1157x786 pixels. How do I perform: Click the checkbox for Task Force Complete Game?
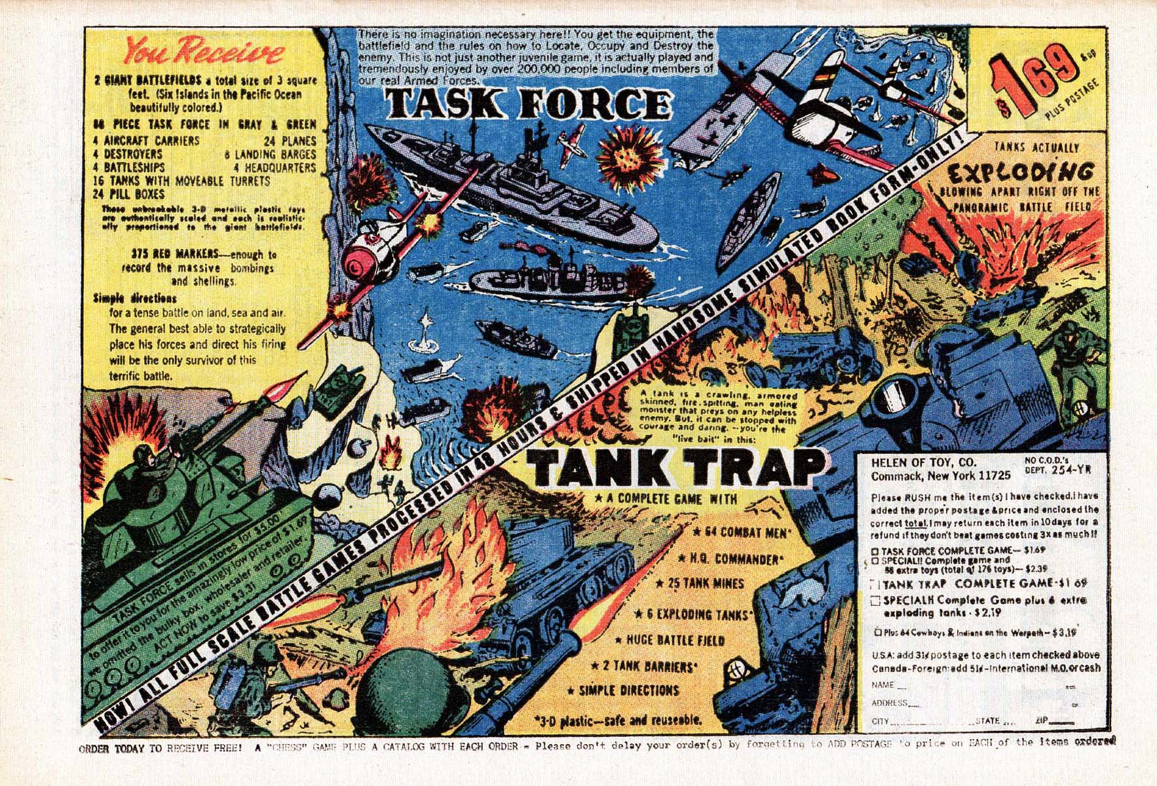875,552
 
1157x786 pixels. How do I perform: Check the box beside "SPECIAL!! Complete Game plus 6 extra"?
875,601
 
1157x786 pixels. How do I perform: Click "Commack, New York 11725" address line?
941,475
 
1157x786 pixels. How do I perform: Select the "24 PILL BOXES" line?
128,194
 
